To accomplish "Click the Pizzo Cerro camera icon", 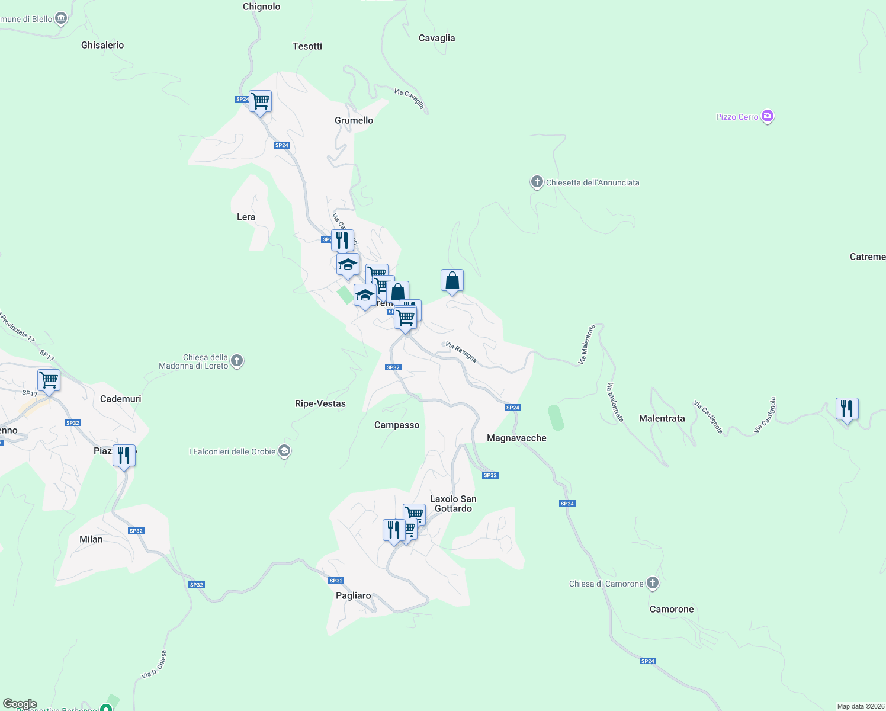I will (768, 116).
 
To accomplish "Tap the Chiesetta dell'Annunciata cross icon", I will (537, 182).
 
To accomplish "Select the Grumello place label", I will (354, 120).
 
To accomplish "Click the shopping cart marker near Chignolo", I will (261, 102).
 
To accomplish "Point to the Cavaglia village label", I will (436, 38).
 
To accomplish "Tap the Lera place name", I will (246, 217).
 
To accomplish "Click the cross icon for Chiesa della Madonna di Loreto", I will (237, 360).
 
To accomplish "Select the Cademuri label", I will (120, 399).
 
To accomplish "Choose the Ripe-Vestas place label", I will (320, 403).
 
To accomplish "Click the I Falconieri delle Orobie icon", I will (284, 451).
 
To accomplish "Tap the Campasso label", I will (397, 425).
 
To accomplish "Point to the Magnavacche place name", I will (516, 438).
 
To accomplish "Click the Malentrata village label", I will (662, 418).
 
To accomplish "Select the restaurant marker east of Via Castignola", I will (847, 409).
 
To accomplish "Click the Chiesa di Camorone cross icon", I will (653, 583).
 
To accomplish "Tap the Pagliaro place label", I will (353, 595).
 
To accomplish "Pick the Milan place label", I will (91, 539).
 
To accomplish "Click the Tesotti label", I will (307, 46).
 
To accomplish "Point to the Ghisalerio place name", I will (102, 45).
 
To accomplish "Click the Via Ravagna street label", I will (461, 351).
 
